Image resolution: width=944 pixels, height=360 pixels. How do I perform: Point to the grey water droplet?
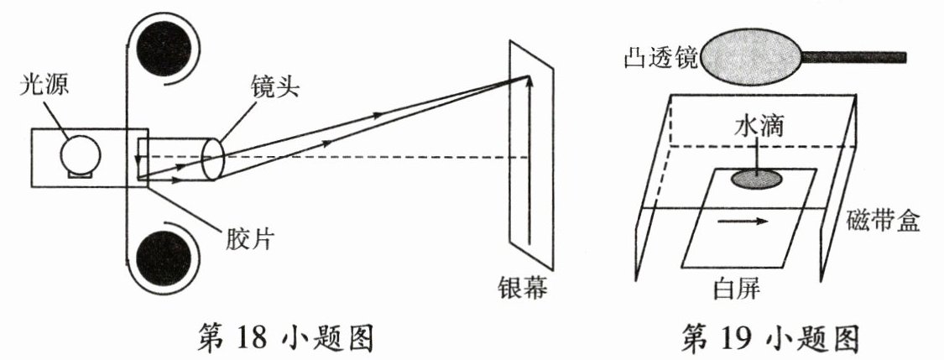pos(758,178)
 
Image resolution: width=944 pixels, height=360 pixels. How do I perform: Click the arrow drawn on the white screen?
pos(742,222)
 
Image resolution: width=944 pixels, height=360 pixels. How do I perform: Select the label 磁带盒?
pos(890,222)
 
